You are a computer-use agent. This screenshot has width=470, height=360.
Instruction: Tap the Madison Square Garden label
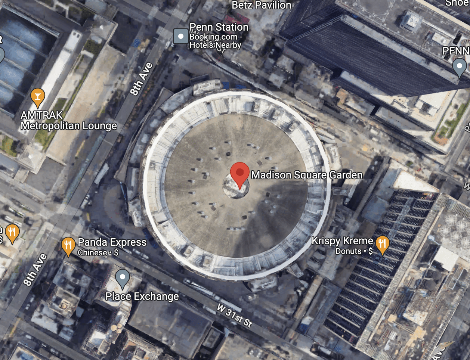click(306, 175)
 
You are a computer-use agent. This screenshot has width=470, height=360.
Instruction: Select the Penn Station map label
click(219, 27)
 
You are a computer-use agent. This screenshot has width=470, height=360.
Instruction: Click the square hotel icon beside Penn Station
click(181, 37)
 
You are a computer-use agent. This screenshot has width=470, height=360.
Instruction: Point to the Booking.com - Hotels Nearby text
click(216, 41)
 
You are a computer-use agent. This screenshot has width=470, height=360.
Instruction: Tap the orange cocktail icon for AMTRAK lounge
click(37, 97)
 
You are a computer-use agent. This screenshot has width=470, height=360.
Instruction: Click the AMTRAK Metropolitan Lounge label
click(69, 121)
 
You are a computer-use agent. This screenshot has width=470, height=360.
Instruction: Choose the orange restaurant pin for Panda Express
click(68, 246)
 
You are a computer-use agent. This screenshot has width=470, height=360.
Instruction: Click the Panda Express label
click(112, 242)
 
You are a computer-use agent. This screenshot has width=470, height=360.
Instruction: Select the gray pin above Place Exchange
click(122, 278)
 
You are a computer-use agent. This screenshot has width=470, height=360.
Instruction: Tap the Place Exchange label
click(142, 297)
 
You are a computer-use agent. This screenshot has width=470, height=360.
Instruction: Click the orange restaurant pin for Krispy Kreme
click(382, 245)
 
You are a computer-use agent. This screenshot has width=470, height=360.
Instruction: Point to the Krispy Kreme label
click(343, 241)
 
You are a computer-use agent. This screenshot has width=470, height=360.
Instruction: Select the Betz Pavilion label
click(262, 5)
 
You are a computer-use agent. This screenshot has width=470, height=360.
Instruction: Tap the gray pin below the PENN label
click(459, 67)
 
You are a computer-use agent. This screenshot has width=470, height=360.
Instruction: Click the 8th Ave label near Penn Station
click(142, 79)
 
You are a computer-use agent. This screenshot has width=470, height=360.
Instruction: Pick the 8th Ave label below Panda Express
click(35, 270)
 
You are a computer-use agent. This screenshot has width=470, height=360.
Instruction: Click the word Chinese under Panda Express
click(92, 253)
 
